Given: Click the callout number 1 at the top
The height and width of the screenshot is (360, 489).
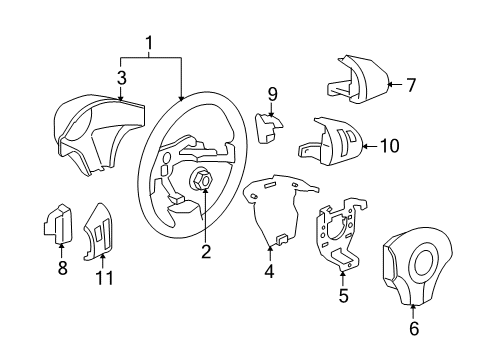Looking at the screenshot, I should coord(149,44).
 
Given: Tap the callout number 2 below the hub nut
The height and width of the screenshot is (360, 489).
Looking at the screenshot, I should coord(205,252).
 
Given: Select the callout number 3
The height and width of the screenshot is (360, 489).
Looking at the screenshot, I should coord(121,77).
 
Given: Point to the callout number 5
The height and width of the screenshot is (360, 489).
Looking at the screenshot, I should coord(343,296).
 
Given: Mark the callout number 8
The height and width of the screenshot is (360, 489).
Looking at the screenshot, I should coord(62,267).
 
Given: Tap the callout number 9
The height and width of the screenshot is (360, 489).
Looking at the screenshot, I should coord(271,95).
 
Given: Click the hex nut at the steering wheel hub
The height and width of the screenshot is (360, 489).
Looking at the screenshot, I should coord(200,180).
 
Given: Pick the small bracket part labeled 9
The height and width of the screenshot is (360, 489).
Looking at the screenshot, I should coord(268,129).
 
